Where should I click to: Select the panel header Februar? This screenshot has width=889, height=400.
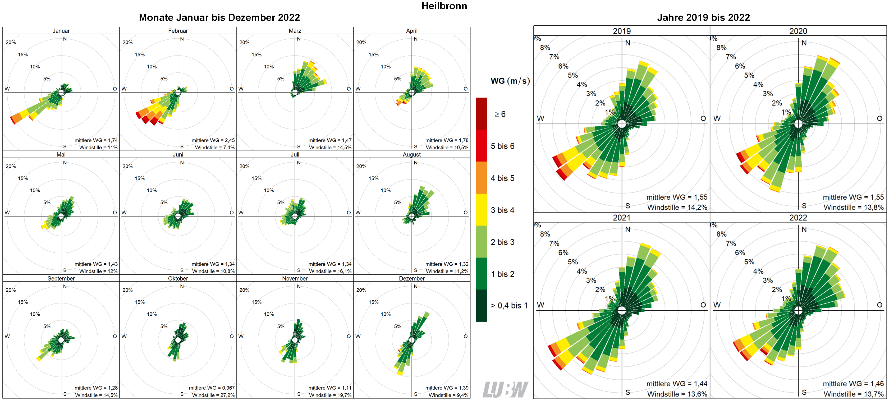178,31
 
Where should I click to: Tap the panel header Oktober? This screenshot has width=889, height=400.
178,278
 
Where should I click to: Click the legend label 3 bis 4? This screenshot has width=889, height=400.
502,210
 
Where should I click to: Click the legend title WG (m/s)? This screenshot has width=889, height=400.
510,81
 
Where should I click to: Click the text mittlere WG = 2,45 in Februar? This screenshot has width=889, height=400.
213,140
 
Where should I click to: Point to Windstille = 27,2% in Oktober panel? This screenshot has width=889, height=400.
213,395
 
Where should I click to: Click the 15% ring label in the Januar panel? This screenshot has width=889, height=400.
23,54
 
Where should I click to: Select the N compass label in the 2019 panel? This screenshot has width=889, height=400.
627,43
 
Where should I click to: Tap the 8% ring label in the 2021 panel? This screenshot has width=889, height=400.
545,234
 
